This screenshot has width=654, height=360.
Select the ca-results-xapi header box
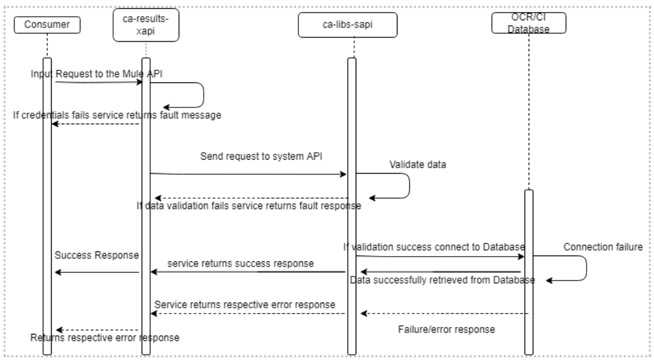point(145,27)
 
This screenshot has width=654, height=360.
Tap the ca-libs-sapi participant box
point(351,24)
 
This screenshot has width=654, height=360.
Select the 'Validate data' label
point(418,164)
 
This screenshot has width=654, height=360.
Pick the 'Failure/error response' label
point(446,329)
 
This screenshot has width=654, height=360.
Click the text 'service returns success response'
point(241,264)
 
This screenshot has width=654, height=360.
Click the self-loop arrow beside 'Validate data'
point(409,186)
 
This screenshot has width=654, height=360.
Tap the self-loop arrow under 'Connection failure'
point(586,268)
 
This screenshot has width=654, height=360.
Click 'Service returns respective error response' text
point(245,304)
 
